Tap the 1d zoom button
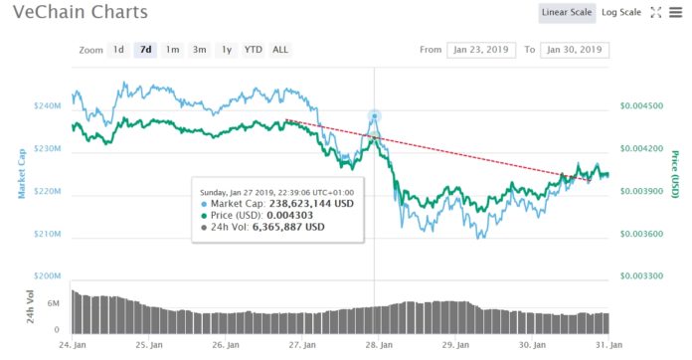tap(118, 49)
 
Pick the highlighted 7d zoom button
tap(145, 49)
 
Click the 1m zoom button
tap(172, 49)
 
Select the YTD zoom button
tap(254, 49)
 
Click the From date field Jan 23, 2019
tap(480, 49)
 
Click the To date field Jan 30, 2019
tap(575, 49)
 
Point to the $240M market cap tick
tap(47, 105)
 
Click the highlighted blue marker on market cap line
tap(375, 116)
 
